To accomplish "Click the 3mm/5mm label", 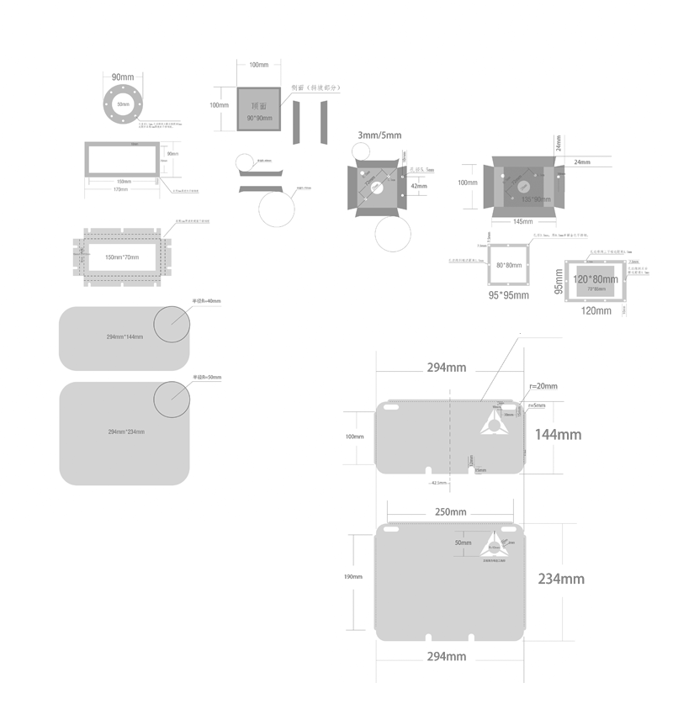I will point(380,135).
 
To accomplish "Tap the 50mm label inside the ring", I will point(123,104).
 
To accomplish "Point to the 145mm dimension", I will point(522,220).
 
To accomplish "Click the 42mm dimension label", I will point(419,187).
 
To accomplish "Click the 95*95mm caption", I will point(509,295).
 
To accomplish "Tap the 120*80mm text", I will point(595,278).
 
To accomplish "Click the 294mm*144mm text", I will point(125,336).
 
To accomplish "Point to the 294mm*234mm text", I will point(125,431).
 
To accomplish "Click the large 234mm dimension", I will point(561,579).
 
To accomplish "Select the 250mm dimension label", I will point(450,511).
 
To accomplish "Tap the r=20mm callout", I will point(543,386).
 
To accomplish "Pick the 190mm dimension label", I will point(353,577).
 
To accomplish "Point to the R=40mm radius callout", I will point(207,300).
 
